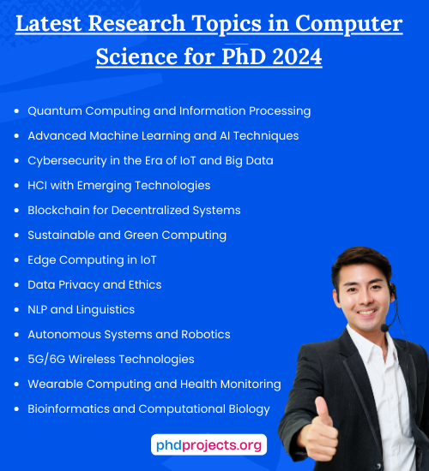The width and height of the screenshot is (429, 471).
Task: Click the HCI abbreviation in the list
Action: [x=39, y=185]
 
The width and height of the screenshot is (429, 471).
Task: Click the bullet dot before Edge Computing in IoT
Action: [x=17, y=260]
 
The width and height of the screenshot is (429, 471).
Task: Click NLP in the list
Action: [x=39, y=309]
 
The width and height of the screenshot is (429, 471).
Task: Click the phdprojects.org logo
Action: [x=209, y=445]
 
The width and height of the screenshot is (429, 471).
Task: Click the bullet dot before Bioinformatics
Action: [x=17, y=409]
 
